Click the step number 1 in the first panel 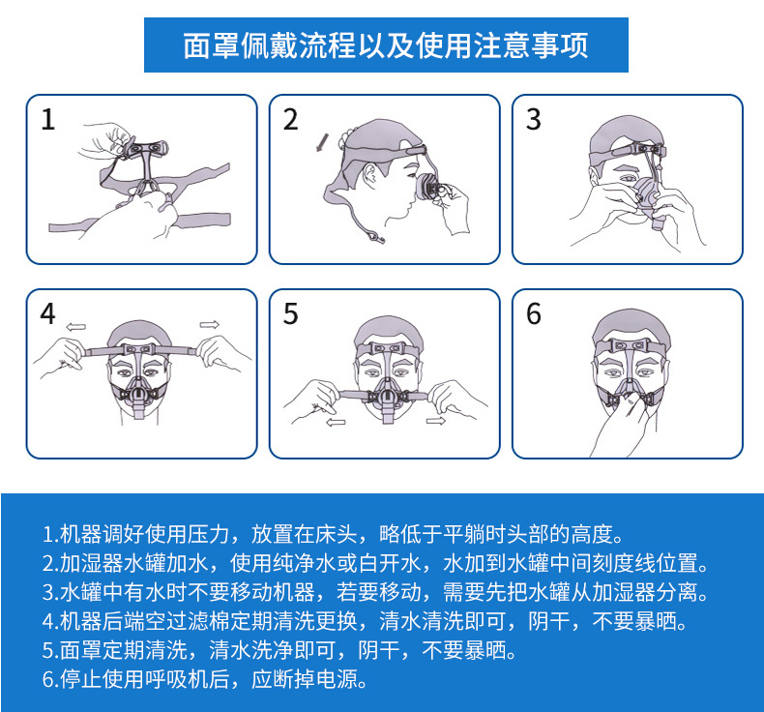tap(49, 121)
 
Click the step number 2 tap(291, 121)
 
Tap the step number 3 tap(534, 121)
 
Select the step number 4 tap(49, 314)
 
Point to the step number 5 tap(291, 314)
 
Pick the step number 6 tap(534, 314)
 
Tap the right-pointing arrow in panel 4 tap(209, 324)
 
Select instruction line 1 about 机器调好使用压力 tap(330, 534)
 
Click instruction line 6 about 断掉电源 tap(206, 678)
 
